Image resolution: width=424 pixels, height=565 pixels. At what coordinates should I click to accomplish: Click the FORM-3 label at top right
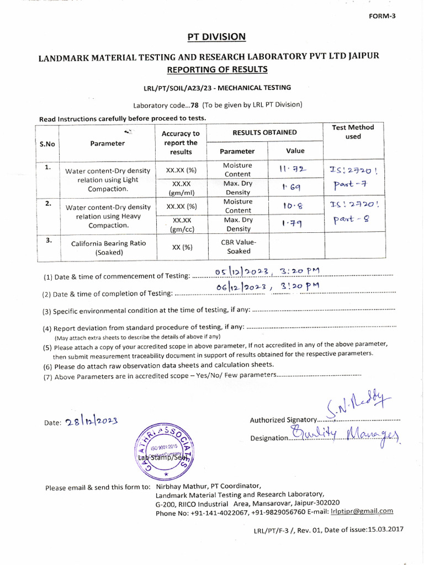click(382, 16)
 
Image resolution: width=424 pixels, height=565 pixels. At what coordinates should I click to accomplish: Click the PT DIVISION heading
click(216, 37)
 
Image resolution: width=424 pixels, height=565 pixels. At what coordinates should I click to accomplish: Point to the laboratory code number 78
click(194, 105)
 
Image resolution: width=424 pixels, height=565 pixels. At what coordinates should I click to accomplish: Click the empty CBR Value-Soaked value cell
click(295, 247)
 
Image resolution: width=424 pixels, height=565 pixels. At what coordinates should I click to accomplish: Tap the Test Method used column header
click(353, 132)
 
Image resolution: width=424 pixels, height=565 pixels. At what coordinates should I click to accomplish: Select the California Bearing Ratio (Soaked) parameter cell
click(108, 248)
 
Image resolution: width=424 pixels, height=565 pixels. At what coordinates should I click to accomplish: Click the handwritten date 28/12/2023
click(91, 422)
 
